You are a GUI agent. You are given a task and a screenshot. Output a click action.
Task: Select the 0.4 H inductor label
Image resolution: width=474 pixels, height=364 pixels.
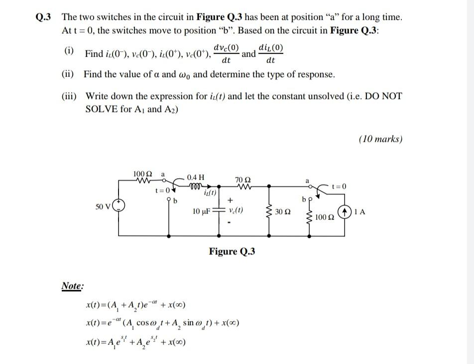[195, 177]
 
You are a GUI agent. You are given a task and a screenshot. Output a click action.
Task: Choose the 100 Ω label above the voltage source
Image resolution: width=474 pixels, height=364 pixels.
[142, 173]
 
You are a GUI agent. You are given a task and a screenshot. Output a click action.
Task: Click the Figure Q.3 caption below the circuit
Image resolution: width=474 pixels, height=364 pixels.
[232, 251]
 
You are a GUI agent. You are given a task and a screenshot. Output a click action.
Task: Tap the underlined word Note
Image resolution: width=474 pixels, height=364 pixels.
[72, 286]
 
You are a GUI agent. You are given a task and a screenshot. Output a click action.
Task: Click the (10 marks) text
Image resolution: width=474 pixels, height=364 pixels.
[380, 139]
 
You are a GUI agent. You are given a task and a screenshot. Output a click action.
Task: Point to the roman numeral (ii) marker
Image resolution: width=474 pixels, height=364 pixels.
[68, 75]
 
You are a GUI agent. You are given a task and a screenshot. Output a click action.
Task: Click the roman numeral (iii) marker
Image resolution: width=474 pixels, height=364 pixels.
[69, 96]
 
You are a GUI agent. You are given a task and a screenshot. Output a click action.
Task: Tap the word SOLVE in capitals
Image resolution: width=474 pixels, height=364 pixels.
[102, 109]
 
